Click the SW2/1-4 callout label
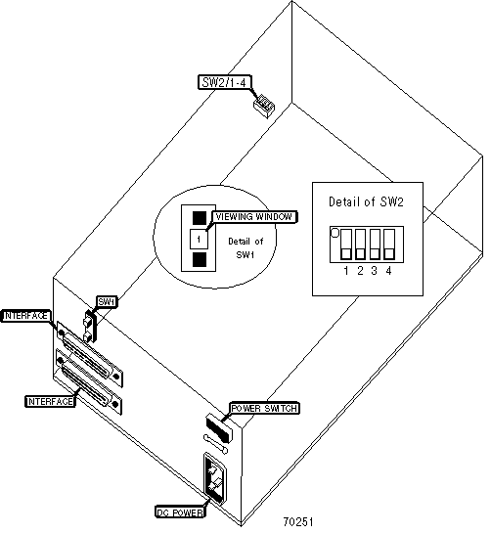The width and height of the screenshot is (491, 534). tap(225, 82)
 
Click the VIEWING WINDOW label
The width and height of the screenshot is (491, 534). tap(254, 217)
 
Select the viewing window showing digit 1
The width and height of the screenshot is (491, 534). tap(199, 239)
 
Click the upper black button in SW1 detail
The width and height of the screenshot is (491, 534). tap(200, 218)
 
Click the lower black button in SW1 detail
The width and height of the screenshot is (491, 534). tap(200, 259)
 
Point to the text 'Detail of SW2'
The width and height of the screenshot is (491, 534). tap(366, 201)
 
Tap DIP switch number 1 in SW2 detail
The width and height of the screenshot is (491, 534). tap(346, 244)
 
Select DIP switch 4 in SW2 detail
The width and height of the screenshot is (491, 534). tap(389, 244)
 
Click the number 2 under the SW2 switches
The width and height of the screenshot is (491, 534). tap(360, 271)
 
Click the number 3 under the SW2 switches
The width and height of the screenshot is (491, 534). tap(375, 271)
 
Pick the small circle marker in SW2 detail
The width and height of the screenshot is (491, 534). tap(335, 233)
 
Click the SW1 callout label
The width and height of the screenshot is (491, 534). tap(107, 302)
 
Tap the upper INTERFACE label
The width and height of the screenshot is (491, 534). tap(25, 316)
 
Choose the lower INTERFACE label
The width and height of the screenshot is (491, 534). tap(51, 402)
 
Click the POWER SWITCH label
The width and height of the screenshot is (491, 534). tap(264, 408)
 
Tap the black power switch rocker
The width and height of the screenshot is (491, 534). tap(219, 428)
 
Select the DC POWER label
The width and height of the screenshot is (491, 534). tap(181, 512)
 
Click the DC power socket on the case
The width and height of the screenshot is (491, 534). tap(215, 479)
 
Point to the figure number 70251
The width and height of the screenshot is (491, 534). tap(298, 521)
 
